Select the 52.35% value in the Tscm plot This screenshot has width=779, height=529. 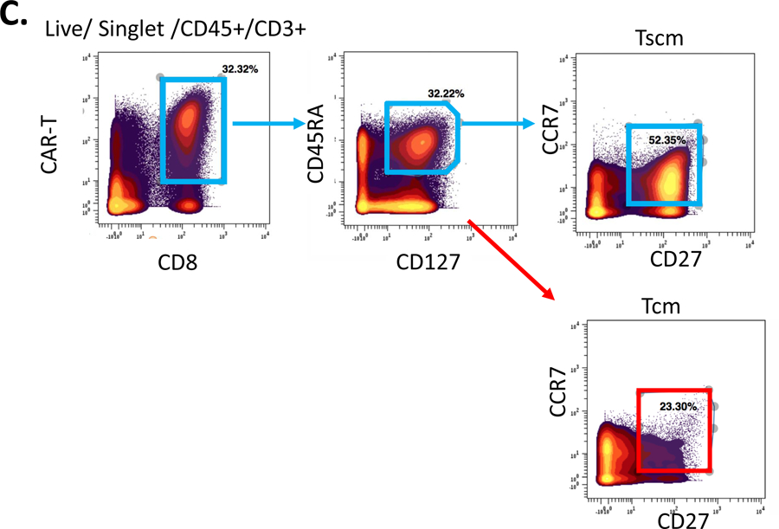point(666,139)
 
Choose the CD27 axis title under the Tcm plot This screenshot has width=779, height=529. point(684,519)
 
